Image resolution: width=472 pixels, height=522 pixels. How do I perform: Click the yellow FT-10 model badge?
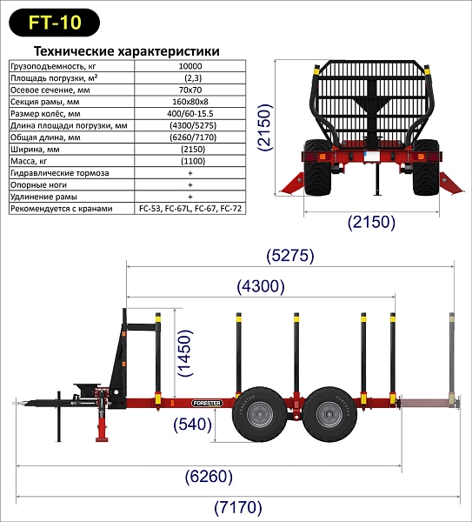(54, 23)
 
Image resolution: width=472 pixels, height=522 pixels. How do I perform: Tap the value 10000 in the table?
(190, 66)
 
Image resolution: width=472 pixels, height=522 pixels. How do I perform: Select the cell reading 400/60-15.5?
(190, 113)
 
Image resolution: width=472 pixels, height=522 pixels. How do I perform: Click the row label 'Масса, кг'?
(29, 161)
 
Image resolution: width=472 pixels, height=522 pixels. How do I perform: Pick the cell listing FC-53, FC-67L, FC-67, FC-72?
(190, 209)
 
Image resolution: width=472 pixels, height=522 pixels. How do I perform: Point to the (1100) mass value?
(193, 161)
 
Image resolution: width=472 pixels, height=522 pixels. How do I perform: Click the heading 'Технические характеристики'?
(127, 51)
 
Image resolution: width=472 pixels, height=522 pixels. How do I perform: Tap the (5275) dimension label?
(290, 256)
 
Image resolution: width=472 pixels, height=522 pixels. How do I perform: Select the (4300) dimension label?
(261, 286)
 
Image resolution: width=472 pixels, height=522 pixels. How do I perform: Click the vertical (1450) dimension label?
(185, 353)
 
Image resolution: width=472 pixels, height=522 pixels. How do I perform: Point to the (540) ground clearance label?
(193, 425)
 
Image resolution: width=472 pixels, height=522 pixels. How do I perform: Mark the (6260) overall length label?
(209, 477)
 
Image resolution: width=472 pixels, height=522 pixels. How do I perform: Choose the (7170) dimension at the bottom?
(238, 508)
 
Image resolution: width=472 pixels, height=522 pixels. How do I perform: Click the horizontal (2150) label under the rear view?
(371, 222)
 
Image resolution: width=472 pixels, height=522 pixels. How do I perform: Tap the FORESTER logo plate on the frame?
(207, 403)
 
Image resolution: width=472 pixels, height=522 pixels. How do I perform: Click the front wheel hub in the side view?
(260, 414)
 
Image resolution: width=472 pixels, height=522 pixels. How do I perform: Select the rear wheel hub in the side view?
(329, 414)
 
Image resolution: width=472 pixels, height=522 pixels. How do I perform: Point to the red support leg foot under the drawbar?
(103, 439)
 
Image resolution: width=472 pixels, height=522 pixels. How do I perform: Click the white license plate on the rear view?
(371, 157)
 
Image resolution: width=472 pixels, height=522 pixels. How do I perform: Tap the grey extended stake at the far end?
(452, 358)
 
